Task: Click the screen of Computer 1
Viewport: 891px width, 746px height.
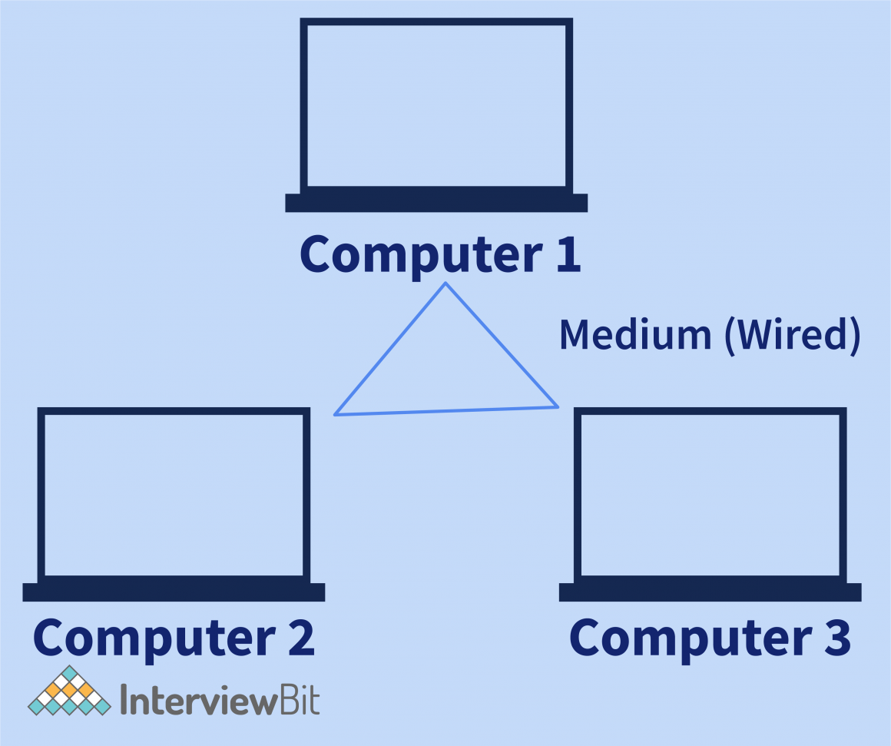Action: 436,106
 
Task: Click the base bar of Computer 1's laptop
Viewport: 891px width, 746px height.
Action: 436,203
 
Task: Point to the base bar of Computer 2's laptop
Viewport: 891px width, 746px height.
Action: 174,592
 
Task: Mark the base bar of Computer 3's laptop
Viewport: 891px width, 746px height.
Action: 710,592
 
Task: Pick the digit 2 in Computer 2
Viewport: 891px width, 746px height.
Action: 295,638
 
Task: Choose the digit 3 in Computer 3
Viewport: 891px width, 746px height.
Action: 832,638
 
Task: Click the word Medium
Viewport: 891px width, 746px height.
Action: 634,335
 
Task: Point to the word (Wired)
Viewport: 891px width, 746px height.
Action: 790,336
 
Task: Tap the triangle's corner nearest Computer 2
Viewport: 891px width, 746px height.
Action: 335,415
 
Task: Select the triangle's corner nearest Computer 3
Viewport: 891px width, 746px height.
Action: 558,406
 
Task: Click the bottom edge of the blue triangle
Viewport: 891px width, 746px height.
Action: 446,411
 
